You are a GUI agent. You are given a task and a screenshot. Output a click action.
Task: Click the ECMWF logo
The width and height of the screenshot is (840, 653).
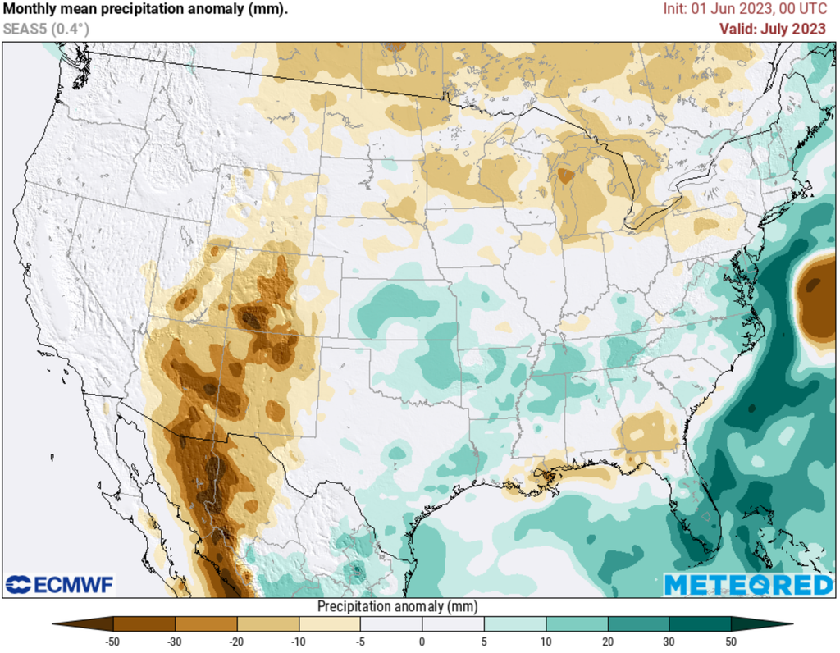(x=60, y=585)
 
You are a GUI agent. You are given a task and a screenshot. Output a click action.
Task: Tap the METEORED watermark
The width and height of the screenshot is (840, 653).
(x=747, y=585)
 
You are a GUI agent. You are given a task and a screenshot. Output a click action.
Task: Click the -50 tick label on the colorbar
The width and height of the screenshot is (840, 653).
(x=113, y=642)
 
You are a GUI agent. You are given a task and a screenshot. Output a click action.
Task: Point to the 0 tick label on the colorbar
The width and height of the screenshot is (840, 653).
(x=422, y=642)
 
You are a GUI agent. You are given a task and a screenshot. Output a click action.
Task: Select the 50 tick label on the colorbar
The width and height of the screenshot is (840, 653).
(x=730, y=642)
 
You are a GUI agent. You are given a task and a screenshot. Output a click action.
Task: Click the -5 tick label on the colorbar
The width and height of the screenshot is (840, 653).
(x=360, y=642)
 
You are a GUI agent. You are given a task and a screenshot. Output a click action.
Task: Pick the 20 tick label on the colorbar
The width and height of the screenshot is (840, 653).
(x=607, y=642)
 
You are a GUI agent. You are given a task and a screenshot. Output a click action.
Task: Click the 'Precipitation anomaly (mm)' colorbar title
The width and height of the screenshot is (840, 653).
(x=397, y=606)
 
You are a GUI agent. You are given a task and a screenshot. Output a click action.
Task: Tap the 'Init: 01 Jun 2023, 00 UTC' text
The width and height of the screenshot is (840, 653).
(x=745, y=10)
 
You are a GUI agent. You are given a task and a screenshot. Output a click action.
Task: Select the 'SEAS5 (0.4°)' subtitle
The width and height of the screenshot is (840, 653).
(x=46, y=29)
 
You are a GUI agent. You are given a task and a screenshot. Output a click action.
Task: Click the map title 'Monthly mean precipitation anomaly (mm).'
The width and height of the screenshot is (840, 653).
(x=145, y=10)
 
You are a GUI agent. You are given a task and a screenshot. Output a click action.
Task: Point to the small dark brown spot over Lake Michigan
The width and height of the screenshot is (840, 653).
(x=566, y=175)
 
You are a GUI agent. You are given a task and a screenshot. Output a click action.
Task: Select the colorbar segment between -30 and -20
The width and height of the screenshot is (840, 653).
(x=206, y=624)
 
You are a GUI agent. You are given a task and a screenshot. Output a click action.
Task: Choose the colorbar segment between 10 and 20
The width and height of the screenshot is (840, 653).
(x=576, y=624)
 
